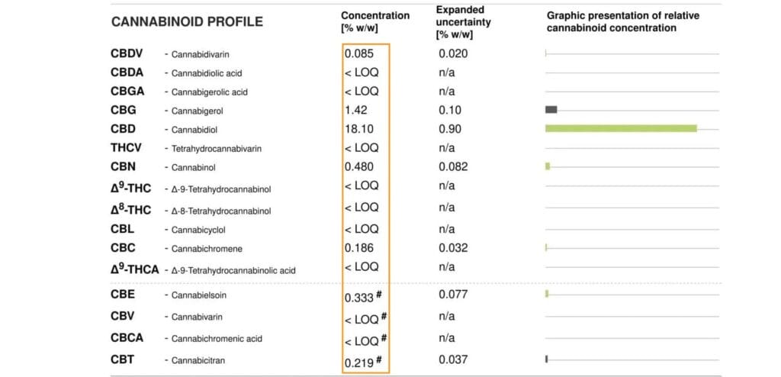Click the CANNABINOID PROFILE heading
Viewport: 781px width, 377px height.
[x=187, y=21]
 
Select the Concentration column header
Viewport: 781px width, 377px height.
[x=374, y=21]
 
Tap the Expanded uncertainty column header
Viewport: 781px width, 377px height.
[x=463, y=22]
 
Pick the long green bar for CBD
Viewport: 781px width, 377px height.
[x=621, y=128]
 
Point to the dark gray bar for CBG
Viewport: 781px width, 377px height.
[x=551, y=110]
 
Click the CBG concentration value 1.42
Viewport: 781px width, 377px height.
[x=356, y=110]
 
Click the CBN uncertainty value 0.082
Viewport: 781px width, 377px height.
[x=454, y=166]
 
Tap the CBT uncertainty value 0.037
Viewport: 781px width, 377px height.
[x=454, y=359]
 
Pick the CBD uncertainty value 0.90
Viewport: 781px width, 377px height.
[x=450, y=129]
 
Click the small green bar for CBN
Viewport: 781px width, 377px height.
[x=548, y=166]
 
